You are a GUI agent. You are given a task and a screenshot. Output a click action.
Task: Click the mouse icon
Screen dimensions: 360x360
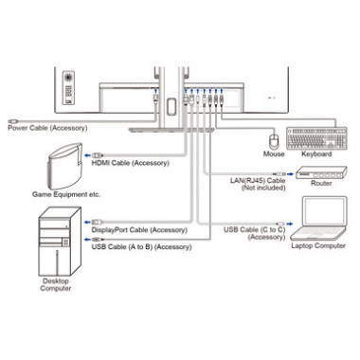(x=274, y=141)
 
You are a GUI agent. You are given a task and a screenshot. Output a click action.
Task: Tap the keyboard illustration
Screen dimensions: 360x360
(x=316, y=138)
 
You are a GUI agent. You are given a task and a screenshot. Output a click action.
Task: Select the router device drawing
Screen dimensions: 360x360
(x=321, y=172)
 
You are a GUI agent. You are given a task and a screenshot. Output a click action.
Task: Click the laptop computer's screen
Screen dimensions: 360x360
(x=324, y=211)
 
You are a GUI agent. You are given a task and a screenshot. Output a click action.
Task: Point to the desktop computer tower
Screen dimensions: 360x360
(x=60, y=242)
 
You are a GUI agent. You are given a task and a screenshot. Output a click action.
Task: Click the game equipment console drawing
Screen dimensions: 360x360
(x=64, y=167)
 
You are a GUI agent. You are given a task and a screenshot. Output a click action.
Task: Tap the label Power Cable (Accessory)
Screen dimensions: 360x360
(x=47, y=128)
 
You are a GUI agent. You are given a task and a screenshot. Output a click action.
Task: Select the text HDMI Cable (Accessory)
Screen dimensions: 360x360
(x=131, y=163)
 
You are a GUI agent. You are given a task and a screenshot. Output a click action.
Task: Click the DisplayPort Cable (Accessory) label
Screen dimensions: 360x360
(x=139, y=230)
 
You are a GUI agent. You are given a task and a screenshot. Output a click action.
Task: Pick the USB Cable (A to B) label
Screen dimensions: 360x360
(x=141, y=246)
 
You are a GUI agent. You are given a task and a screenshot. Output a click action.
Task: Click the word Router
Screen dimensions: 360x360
(x=321, y=183)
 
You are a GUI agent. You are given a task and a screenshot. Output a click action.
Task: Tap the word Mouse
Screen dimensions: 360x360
(x=274, y=153)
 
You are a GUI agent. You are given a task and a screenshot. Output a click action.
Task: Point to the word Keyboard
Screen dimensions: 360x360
(x=316, y=153)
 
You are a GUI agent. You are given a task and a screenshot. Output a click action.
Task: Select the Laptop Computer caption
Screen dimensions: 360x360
(x=318, y=245)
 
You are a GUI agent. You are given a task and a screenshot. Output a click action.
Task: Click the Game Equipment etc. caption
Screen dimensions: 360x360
(x=66, y=194)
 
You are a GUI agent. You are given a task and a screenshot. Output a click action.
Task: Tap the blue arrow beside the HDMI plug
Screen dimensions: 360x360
(x=87, y=155)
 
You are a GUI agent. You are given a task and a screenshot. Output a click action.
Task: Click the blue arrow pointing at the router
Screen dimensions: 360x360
(x=290, y=174)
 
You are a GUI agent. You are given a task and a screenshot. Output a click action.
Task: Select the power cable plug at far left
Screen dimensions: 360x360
(x=13, y=121)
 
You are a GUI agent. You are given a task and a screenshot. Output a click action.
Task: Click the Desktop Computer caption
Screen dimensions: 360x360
(x=56, y=284)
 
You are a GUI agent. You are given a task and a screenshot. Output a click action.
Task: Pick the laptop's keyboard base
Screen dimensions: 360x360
(x=318, y=234)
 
